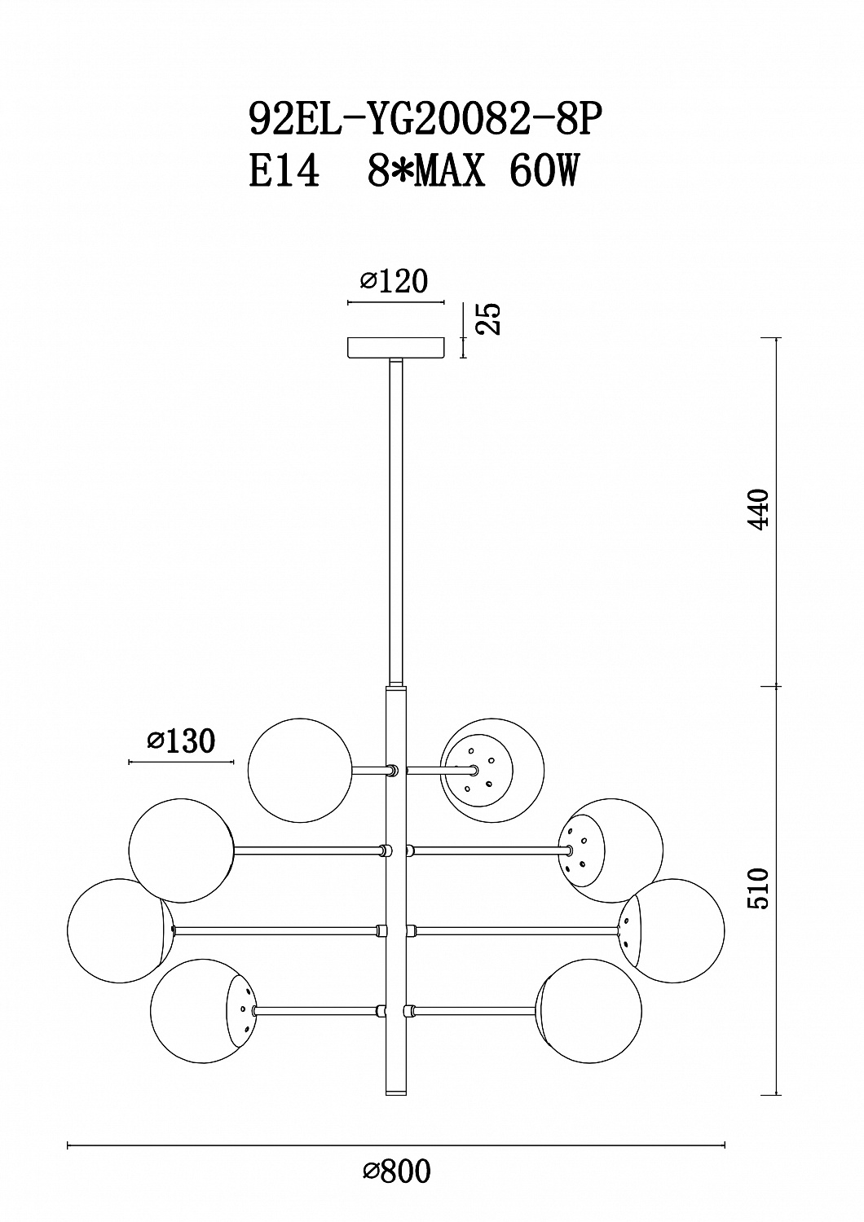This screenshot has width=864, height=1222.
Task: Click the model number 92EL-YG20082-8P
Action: pyautogui.click(x=425, y=119)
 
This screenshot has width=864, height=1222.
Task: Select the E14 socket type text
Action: pyautogui.click(x=284, y=171)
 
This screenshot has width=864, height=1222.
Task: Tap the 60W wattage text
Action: pyautogui.click(x=543, y=171)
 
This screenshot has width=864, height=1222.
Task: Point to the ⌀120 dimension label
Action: pyautogui.click(x=394, y=282)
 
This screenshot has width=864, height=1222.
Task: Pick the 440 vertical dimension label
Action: pyautogui.click(x=758, y=508)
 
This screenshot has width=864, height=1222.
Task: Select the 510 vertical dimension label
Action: pyautogui.click(x=758, y=889)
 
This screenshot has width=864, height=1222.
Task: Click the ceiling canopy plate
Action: pyautogui.click(x=396, y=348)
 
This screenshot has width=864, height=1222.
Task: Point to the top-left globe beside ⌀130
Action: pyautogui.click(x=300, y=770)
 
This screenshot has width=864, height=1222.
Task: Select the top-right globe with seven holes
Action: pyautogui.click(x=492, y=770)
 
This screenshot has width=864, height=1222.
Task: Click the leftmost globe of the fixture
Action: pyautogui.click(x=120, y=930)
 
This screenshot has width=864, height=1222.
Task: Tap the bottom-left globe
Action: pyautogui.click(x=202, y=1011)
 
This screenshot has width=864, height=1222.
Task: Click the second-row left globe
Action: pyautogui.click(x=181, y=851)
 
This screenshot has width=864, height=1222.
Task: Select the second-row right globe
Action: pyautogui.click(x=611, y=851)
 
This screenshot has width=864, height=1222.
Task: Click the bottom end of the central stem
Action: pyautogui.click(x=396, y=1094)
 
